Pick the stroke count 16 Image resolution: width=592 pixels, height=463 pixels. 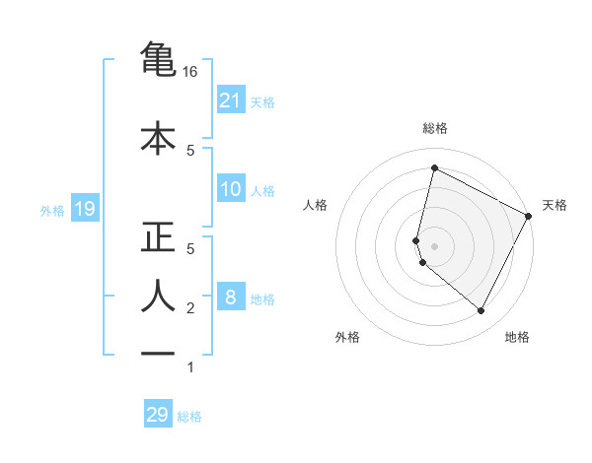tap(190, 72)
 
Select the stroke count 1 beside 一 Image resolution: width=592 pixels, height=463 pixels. tap(190, 368)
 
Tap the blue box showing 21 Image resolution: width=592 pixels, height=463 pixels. tap(231, 99)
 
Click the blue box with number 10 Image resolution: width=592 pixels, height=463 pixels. tap(231, 189)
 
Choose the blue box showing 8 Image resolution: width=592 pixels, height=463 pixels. tap(231, 297)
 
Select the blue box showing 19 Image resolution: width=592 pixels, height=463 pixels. tap(84, 209)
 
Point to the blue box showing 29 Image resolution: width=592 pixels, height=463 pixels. tap(158, 415)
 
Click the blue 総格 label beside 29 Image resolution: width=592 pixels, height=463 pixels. tap(189, 417)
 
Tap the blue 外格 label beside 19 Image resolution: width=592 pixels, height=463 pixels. tap(52, 210)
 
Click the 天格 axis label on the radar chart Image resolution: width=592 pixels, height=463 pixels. tap(555, 205)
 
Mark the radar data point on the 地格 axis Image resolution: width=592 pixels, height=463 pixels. tap(481, 311)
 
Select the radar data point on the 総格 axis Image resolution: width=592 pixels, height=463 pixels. tap(434, 167)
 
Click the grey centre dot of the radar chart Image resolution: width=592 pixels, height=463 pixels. tap(434, 246)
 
